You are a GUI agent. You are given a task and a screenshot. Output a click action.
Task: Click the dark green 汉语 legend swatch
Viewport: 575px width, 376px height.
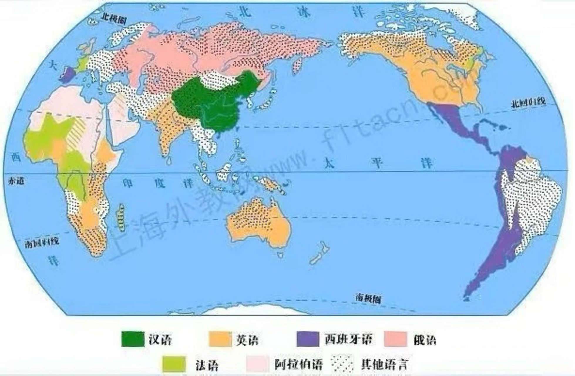[133, 339]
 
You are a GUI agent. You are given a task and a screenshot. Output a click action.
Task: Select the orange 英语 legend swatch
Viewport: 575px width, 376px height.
[220, 339]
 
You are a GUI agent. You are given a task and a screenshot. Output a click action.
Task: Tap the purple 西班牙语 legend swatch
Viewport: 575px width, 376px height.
[307, 339]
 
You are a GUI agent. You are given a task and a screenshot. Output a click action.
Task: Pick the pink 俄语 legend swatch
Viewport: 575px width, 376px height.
[396, 339]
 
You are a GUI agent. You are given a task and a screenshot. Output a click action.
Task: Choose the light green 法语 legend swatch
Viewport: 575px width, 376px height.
[174, 364]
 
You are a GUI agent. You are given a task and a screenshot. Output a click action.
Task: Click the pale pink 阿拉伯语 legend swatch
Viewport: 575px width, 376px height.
[258, 364]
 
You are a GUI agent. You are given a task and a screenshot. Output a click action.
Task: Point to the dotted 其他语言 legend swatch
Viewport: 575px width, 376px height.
[342, 364]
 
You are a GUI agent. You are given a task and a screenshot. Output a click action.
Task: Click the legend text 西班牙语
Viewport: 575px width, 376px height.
[348, 340]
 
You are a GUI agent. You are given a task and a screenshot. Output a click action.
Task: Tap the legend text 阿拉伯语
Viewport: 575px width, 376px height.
[299, 365]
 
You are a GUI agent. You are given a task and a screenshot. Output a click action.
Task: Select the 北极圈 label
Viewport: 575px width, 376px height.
[114, 19]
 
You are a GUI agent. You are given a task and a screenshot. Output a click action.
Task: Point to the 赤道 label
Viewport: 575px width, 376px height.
[16, 181]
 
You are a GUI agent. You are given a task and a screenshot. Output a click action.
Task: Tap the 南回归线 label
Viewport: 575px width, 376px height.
[42, 242]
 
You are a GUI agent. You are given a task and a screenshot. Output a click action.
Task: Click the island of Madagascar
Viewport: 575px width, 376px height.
[121, 217]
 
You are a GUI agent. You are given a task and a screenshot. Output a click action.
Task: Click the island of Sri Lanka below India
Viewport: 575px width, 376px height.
[169, 160]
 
